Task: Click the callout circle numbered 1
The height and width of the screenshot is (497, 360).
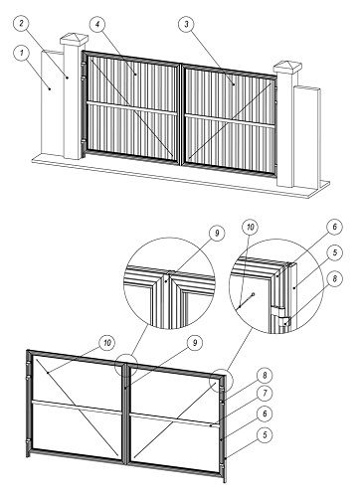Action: tap(22, 53)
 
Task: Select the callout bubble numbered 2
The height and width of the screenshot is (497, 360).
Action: tap(21, 23)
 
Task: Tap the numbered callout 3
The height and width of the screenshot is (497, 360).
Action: tap(187, 24)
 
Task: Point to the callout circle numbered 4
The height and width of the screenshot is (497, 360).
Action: tap(97, 25)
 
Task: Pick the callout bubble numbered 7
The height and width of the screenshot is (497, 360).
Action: tap(265, 394)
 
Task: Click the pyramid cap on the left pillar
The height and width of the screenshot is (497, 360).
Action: tap(75, 40)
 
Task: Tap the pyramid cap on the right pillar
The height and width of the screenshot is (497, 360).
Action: tap(287, 68)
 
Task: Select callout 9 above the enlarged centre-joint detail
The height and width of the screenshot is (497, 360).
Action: tap(217, 234)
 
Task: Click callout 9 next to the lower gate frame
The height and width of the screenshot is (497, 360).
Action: tap(195, 343)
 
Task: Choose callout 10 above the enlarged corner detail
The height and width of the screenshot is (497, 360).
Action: tap(251, 228)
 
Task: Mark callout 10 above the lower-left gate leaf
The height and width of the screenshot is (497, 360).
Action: tap(106, 343)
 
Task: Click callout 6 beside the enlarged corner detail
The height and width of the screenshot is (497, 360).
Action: tap(334, 227)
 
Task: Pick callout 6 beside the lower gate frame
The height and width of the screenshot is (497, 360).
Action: tap(265, 414)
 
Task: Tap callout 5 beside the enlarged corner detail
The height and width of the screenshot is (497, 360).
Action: tap(334, 252)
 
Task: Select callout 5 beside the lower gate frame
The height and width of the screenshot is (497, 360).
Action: tap(265, 434)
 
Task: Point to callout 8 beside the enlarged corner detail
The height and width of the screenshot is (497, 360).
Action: tap(334, 278)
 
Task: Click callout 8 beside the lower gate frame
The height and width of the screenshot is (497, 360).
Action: tap(265, 376)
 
